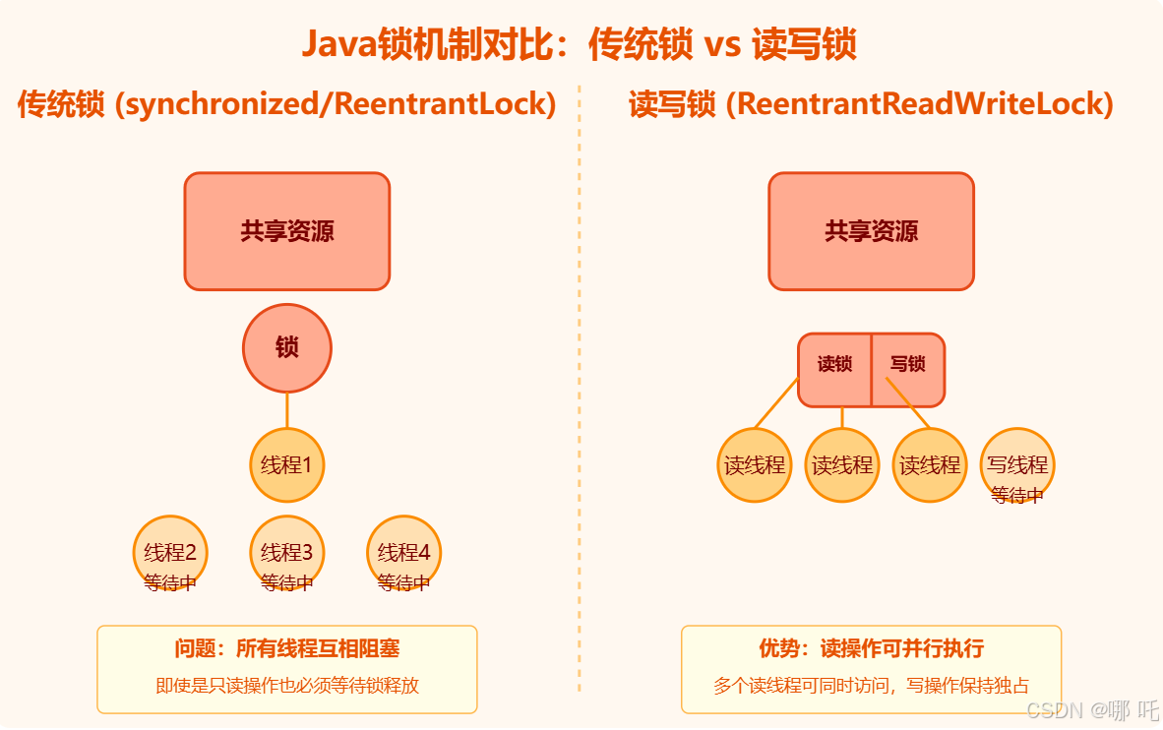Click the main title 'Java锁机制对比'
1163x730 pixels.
579,44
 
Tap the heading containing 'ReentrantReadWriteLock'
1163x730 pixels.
871,103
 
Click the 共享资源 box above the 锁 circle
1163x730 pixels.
287,231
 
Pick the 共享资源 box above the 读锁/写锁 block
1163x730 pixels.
871,231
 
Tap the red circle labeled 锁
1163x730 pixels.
287,347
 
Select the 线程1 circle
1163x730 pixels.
287,464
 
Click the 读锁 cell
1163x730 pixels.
834,365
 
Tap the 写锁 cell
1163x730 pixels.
908,365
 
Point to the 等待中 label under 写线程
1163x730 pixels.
1017,496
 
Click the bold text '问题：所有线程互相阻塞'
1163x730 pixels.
287,648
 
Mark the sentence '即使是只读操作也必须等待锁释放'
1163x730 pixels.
287,686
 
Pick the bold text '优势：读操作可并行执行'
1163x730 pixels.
871,648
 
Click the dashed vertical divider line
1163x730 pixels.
580,394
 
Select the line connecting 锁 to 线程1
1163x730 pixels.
287,409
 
